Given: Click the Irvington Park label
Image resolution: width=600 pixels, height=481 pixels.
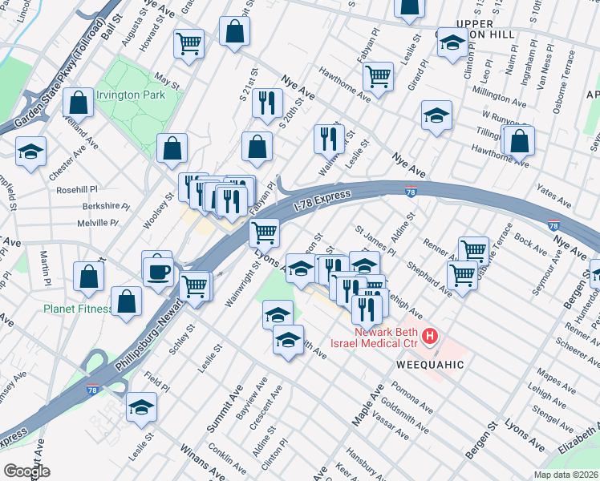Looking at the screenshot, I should tap(131, 95).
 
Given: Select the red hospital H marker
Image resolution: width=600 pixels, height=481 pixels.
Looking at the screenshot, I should tap(431, 334).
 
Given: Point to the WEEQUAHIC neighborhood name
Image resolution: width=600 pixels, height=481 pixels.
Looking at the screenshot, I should tap(429, 363).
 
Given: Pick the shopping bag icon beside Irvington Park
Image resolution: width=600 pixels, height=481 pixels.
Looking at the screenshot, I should tap(79, 103).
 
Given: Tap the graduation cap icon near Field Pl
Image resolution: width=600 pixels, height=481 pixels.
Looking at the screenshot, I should tap(142, 408).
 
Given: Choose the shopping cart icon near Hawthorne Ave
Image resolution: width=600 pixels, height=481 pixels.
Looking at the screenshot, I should tap(378, 78).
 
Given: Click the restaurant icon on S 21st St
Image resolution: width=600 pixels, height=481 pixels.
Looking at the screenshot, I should tap(266, 103).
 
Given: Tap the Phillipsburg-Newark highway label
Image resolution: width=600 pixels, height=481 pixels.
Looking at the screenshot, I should tap(143, 321).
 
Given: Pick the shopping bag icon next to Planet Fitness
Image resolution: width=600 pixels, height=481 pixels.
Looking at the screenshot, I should tap(127, 302).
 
